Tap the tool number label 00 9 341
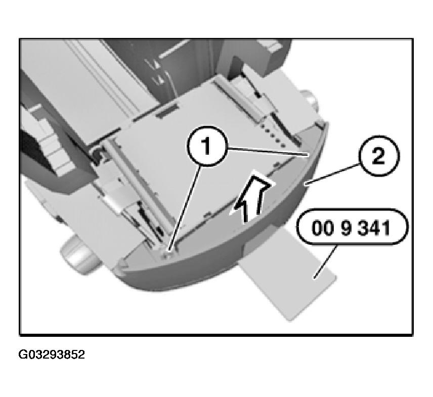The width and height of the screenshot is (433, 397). [351, 229]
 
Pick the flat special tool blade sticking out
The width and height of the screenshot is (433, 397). [288, 283]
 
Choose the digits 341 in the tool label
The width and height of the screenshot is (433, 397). [374, 229]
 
